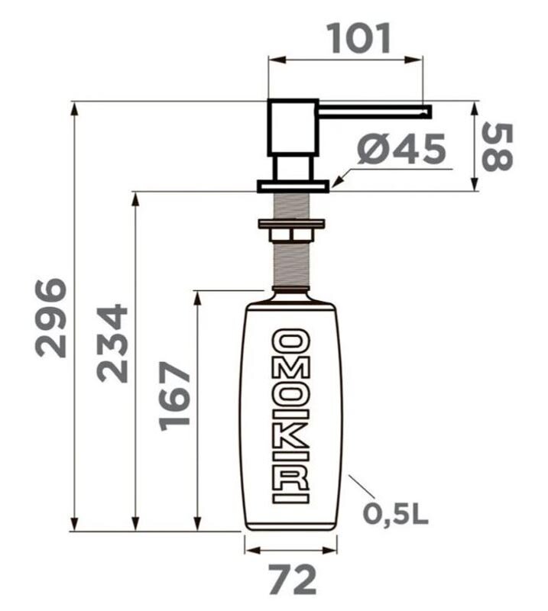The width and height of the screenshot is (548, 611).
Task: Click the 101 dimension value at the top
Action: click(360, 38)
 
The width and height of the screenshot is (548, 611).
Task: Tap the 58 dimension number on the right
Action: click(497, 147)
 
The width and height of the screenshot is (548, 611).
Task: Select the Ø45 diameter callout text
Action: click(401, 148)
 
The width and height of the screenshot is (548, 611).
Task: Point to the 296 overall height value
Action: click(50, 318)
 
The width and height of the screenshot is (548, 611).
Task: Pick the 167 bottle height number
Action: click(174, 396)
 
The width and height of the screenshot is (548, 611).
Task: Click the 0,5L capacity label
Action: click(395, 514)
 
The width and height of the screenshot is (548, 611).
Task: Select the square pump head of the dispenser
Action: click(292, 128)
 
